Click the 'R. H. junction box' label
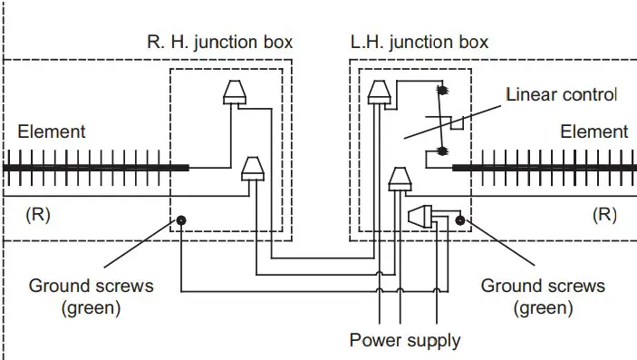(219, 43)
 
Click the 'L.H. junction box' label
(419, 43)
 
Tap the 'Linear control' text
(561, 95)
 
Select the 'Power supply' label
(405, 341)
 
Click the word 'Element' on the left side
(52, 131)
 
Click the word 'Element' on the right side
(594, 131)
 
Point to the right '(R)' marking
(603, 216)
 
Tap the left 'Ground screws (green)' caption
(92, 297)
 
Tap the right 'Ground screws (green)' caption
(542, 297)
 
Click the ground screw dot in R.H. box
(182, 220)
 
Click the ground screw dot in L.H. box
(460, 219)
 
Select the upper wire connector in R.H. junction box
(233, 92)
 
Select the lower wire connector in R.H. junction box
(253, 168)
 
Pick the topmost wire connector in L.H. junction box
(379, 90)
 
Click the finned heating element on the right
(544, 167)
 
